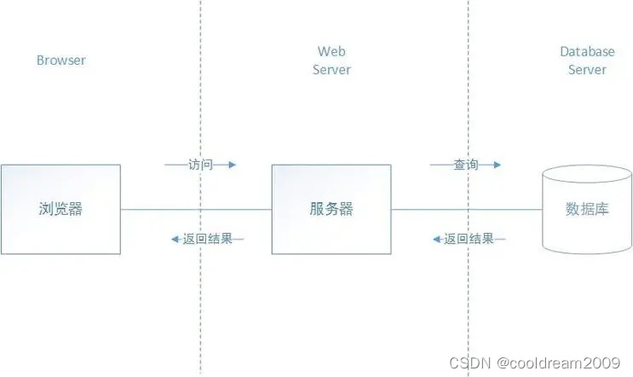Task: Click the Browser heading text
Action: [x=61, y=61]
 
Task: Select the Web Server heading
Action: [x=331, y=61]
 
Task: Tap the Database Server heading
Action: [x=587, y=61]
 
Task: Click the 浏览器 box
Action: [x=60, y=209]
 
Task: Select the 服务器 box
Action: [x=331, y=209]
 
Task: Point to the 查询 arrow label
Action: [x=465, y=165]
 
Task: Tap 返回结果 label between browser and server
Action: [x=207, y=239]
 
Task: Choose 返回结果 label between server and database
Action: [x=469, y=239]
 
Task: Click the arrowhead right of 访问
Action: [x=231, y=165]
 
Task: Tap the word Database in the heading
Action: [x=587, y=52]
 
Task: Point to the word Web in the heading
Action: [x=331, y=52]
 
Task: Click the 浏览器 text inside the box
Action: [x=60, y=209]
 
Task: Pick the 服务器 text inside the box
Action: [x=331, y=209]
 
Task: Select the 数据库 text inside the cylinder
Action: [x=587, y=210]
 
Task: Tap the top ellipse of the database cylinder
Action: [x=587, y=177]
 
